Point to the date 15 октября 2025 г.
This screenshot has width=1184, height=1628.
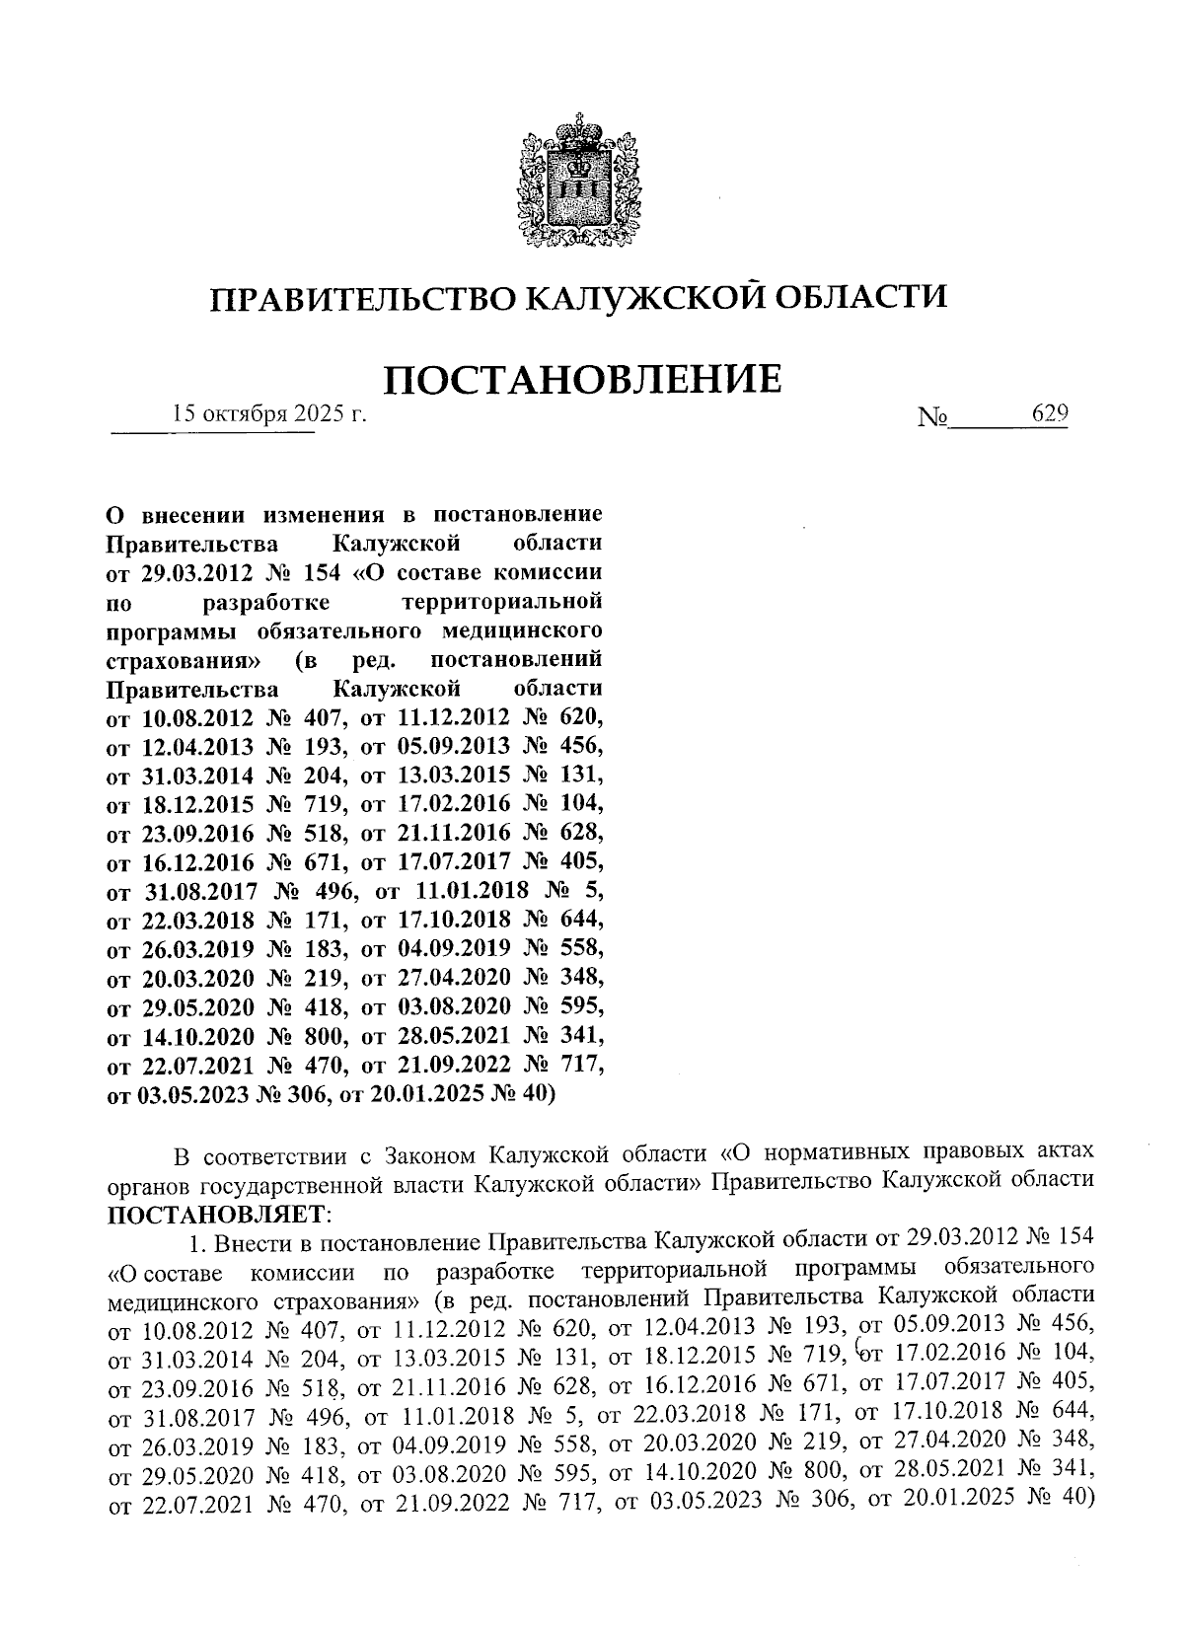point(268,414)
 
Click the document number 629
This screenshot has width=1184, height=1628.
point(1049,414)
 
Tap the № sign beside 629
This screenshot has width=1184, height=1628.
point(931,418)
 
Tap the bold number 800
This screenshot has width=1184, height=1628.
point(313,1036)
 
